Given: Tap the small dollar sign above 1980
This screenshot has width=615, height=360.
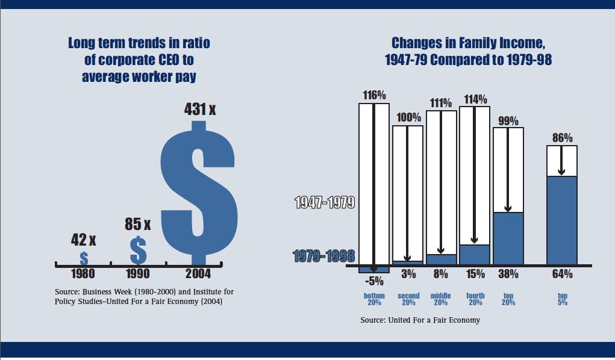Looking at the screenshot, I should (84, 258).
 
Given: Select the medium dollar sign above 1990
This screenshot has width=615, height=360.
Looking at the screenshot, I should (139, 250).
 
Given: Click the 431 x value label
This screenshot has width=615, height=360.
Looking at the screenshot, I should (199, 110).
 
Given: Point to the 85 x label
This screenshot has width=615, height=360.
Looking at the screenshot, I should (137, 224).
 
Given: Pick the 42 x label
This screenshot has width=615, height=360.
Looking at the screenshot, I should (83, 240).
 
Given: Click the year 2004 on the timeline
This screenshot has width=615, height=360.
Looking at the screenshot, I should (198, 274).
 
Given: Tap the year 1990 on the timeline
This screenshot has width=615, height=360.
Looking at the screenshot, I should (138, 274).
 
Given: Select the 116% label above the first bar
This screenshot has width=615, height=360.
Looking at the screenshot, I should (374, 95).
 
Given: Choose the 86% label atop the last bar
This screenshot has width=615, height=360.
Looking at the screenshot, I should (561, 138).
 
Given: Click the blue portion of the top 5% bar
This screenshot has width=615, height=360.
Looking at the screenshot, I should (561, 220).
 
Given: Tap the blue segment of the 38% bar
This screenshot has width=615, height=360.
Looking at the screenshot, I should (508, 238).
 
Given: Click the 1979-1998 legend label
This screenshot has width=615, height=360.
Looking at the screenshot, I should (324, 256).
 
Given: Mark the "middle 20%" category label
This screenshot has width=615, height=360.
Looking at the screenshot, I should (441, 299).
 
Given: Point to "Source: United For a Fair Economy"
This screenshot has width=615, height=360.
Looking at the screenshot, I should (420, 320).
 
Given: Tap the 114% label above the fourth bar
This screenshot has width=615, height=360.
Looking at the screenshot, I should (475, 99).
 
